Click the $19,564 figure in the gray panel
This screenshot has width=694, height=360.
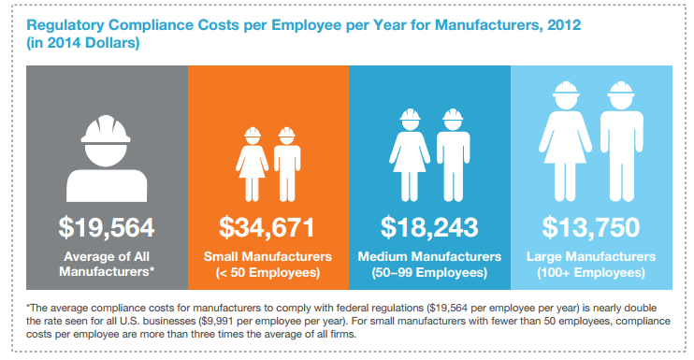coord(107,227)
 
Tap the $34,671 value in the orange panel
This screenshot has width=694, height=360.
coord(267,227)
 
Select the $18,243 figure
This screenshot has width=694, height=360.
coord(429,227)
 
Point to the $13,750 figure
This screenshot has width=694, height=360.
coord(591,227)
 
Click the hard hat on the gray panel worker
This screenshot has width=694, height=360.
coord(106,129)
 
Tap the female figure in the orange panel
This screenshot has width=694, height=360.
coord(253,164)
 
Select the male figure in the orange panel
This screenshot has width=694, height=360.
coord(287,164)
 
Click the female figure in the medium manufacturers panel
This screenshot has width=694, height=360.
coord(410,155)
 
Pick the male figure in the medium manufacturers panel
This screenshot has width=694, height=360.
coord(453,155)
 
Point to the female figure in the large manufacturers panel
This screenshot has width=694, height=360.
coord(565,141)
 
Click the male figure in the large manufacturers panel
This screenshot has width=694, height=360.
coord(621,141)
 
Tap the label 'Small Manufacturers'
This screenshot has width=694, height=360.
coord(267,256)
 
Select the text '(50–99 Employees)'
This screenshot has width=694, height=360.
coord(429,272)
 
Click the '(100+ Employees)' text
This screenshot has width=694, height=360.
coord(591,272)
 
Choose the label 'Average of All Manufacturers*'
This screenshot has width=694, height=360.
coord(107,264)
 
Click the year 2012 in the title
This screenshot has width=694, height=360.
coord(564,24)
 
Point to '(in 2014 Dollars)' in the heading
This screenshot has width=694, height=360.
coord(82,43)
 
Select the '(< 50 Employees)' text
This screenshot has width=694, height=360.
coord(267,272)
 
